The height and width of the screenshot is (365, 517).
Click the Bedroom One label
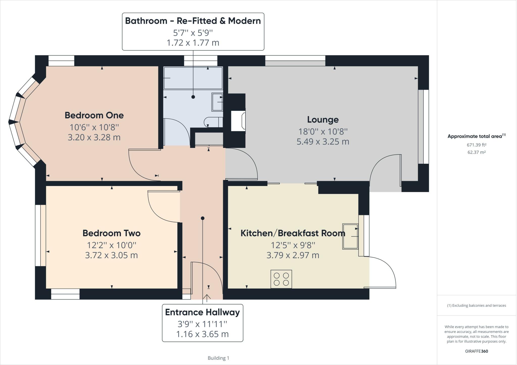94,115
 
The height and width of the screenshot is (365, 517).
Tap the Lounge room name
323,120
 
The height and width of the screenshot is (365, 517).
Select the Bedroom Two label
111,233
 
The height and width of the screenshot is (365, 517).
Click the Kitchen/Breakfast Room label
293,233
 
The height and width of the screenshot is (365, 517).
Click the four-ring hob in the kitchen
281,279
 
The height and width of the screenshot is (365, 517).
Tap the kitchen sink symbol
350,236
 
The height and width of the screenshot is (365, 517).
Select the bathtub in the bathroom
193,78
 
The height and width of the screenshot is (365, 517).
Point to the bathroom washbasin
217,102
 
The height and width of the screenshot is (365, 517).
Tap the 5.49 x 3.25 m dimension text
323,142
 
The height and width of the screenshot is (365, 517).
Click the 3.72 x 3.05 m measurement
111,255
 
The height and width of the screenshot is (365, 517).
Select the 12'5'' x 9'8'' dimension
293,245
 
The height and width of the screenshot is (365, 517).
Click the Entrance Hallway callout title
202,312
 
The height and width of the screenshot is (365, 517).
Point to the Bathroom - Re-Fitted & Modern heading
193,21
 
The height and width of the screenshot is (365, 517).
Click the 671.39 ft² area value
476,145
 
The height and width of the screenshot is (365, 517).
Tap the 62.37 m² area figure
476,152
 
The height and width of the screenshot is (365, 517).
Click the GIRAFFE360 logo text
476,351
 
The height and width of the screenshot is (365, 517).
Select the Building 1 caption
218,358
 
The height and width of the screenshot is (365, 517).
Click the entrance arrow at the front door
207,298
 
